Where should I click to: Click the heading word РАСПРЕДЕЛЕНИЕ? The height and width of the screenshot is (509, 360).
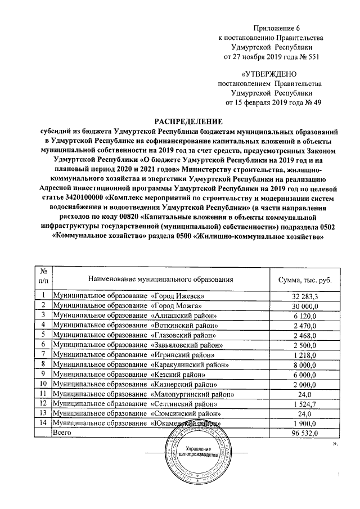(x=188, y=121)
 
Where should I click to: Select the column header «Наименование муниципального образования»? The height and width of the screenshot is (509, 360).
(x=160, y=280)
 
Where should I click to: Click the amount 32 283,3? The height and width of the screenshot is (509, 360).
(x=305, y=296)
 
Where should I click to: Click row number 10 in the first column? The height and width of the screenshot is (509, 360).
(x=42, y=384)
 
